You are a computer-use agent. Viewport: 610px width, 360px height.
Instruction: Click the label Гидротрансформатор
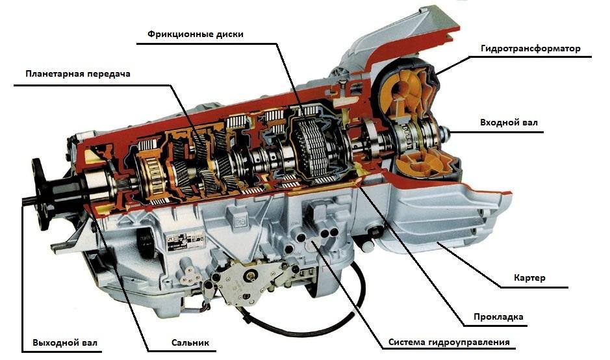pos(530,49)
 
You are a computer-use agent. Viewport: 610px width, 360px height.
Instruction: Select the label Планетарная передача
pos(79,74)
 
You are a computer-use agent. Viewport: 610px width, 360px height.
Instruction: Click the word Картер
pos(532,278)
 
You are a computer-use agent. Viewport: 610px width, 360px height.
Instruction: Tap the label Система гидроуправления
pos(449,342)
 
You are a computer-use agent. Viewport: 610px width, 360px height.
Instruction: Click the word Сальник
pos(191,342)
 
